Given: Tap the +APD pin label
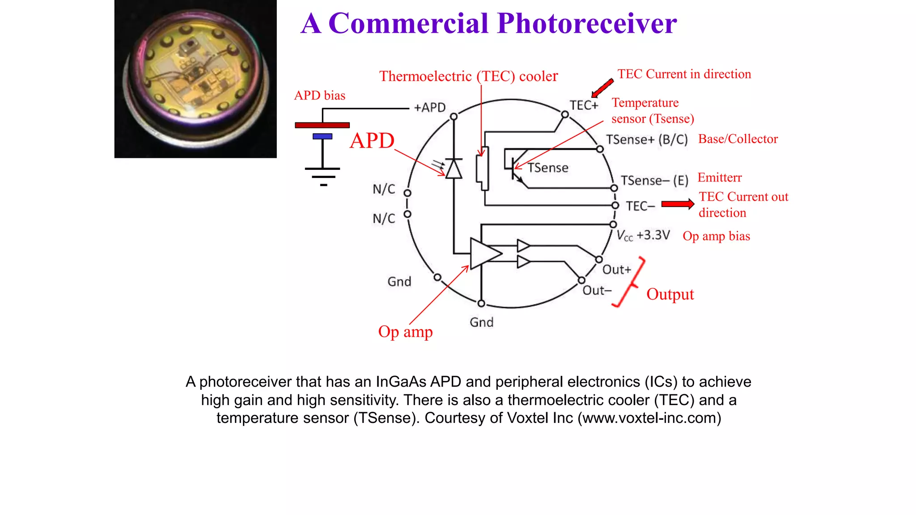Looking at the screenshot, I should [430, 108].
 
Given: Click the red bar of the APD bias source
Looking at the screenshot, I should [322, 125].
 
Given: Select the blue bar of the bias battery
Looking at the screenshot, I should [322, 136].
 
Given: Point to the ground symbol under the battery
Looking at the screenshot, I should [322, 176].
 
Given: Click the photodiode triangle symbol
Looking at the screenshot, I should [454, 169].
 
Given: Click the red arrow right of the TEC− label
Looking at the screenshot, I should [678, 204].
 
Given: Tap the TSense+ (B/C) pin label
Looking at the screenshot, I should [647, 139].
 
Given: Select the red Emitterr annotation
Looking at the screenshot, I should [719, 178].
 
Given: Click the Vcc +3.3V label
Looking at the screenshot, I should [643, 236].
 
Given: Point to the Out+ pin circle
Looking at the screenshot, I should [599, 260].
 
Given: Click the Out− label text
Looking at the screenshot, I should [597, 291].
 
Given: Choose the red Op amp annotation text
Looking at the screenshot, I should [405, 332].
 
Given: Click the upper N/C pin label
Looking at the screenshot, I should [384, 189].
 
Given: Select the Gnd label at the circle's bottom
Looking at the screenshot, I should [481, 322].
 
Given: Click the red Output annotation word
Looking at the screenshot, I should [670, 294].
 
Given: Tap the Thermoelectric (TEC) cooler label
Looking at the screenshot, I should [468, 76].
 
